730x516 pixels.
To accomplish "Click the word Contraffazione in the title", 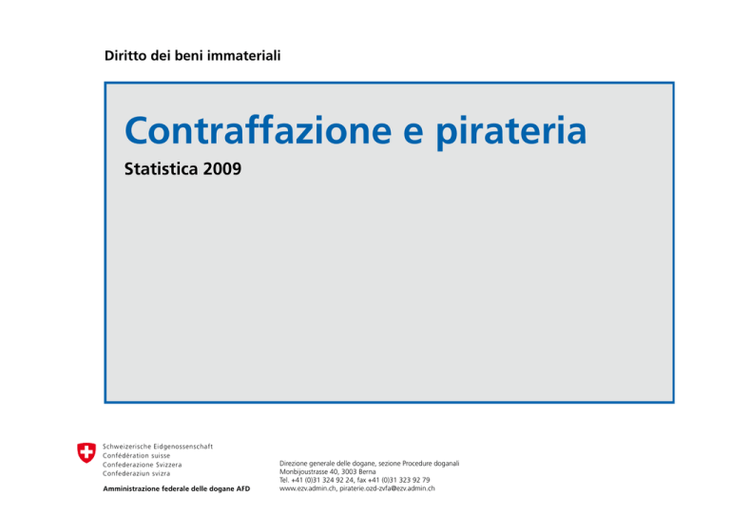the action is (x=258, y=130).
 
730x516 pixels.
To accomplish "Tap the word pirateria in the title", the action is (x=511, y=133).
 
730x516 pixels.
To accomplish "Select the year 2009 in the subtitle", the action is (x=222, y=168).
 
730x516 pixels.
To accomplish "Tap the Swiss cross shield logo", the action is (x=86, y=452).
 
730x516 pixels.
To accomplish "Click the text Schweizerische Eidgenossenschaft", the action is (x=158, y=447).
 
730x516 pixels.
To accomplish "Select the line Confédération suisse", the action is (x=137, y=455).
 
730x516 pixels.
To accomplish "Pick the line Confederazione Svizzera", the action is (x=142, y=465).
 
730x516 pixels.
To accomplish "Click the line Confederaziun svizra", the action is (x=137, y=473).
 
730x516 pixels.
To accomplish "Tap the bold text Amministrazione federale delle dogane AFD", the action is (x=177, y=488).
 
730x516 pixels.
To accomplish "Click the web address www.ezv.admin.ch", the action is (x=307, y=488).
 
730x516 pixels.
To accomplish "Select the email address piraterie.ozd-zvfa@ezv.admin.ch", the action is (x=388, y=488).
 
